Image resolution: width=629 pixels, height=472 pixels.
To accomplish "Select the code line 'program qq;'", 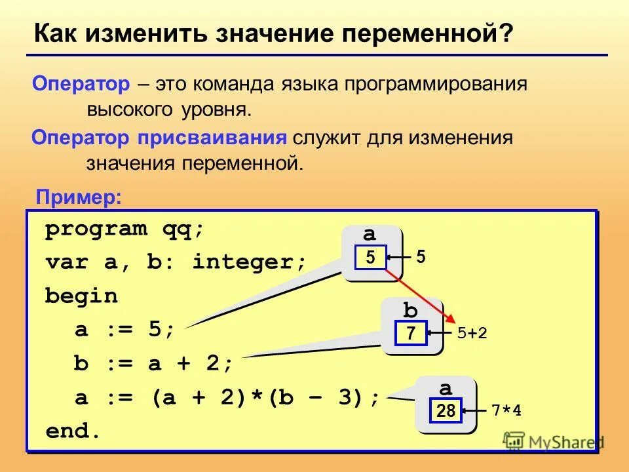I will pos(124,229).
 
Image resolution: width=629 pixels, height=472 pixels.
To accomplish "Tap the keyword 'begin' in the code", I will pos(81,296).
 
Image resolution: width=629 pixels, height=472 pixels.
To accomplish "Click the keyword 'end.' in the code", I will pos(73,431).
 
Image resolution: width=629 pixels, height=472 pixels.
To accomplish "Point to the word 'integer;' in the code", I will pos(250,263).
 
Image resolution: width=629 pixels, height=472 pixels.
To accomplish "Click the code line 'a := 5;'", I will pos(124,330).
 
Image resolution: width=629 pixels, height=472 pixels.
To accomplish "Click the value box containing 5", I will pos(370,258).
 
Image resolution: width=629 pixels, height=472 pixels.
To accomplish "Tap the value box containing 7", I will pos(411,334).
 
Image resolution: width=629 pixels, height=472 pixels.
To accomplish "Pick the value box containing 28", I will pos(446,411).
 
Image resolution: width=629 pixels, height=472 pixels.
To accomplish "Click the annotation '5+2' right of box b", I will pos(472,334).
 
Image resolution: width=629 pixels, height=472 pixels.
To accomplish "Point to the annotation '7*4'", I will pos(506,411).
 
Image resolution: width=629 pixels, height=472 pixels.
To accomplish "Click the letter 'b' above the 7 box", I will pos(410,309).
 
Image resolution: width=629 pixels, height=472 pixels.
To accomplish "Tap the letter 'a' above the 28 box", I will pos(446,388).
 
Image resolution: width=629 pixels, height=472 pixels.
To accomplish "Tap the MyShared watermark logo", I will pos(554,441).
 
